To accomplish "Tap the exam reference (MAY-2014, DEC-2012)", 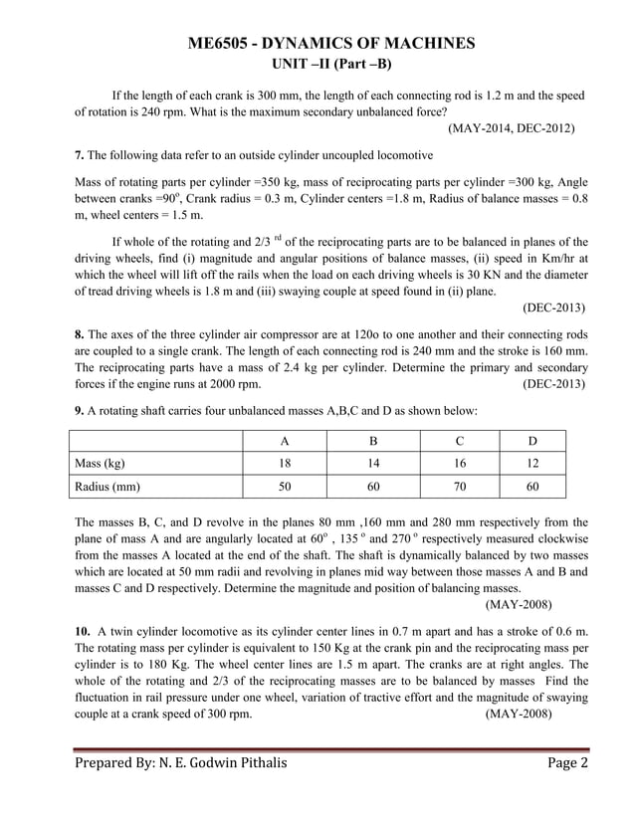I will point(511,129).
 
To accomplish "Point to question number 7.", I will point(80,156).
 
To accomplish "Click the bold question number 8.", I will point(80,333).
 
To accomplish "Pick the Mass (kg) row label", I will point(101,463).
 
